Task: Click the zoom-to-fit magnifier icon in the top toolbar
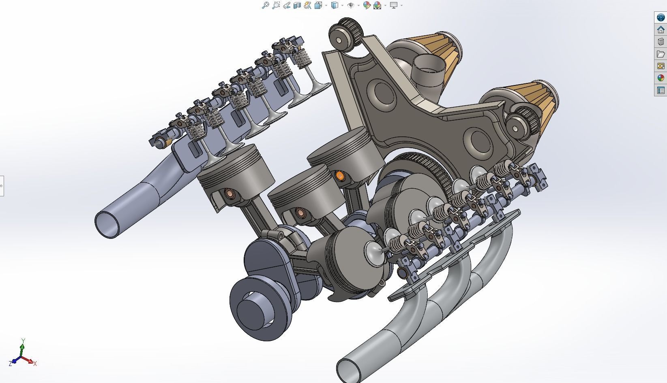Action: point(265,5)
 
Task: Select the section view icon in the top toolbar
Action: point(297,5)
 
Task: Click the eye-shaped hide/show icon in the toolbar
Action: point(351,5)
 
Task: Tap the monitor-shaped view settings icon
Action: point(393,5)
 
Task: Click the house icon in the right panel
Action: point(661,30)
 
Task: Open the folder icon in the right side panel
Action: point(661,54)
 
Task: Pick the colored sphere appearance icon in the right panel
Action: point(661,78)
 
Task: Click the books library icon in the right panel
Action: point(661,42)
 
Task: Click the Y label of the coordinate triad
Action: point(23,340)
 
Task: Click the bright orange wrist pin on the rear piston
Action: point(340,175)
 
